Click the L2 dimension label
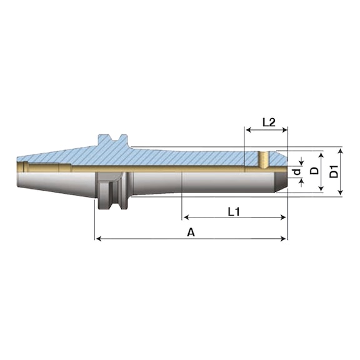(269, 122)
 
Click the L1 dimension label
(234, 212)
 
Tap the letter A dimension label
(191, 232)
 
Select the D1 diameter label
(334, 171)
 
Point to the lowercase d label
(297, 171)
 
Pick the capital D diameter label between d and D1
(314, 171)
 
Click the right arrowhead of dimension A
(284, 239)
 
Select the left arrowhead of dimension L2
(249, 130)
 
